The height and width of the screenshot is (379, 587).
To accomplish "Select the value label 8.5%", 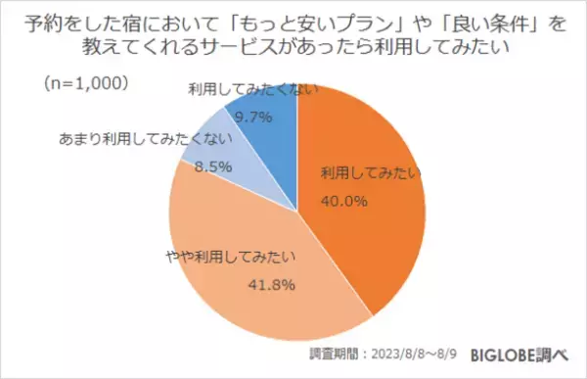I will point(214,166).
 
